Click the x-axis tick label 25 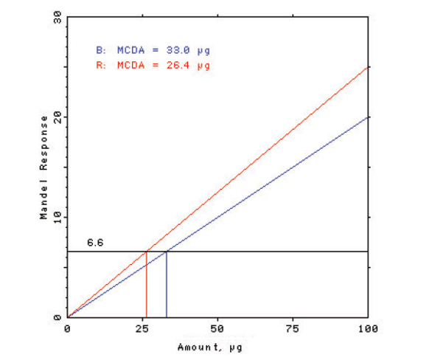[142, 327]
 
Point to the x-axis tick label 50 [217, 327]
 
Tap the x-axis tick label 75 [293, 327]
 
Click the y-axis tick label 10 [56, 218]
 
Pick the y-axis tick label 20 [56, 117]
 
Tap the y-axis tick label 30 [56, 17]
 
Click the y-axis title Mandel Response [44, 167]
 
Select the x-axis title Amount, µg [217, 345]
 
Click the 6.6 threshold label [94, 243]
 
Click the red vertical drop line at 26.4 [146, 288]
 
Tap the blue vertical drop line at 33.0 [167, 288]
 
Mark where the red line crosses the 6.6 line [146, 252]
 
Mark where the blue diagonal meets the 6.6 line [167, 252]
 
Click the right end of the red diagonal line [368, 67]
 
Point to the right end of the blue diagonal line [368, 117]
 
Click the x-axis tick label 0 [68, 327]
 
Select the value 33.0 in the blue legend [186, 50]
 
